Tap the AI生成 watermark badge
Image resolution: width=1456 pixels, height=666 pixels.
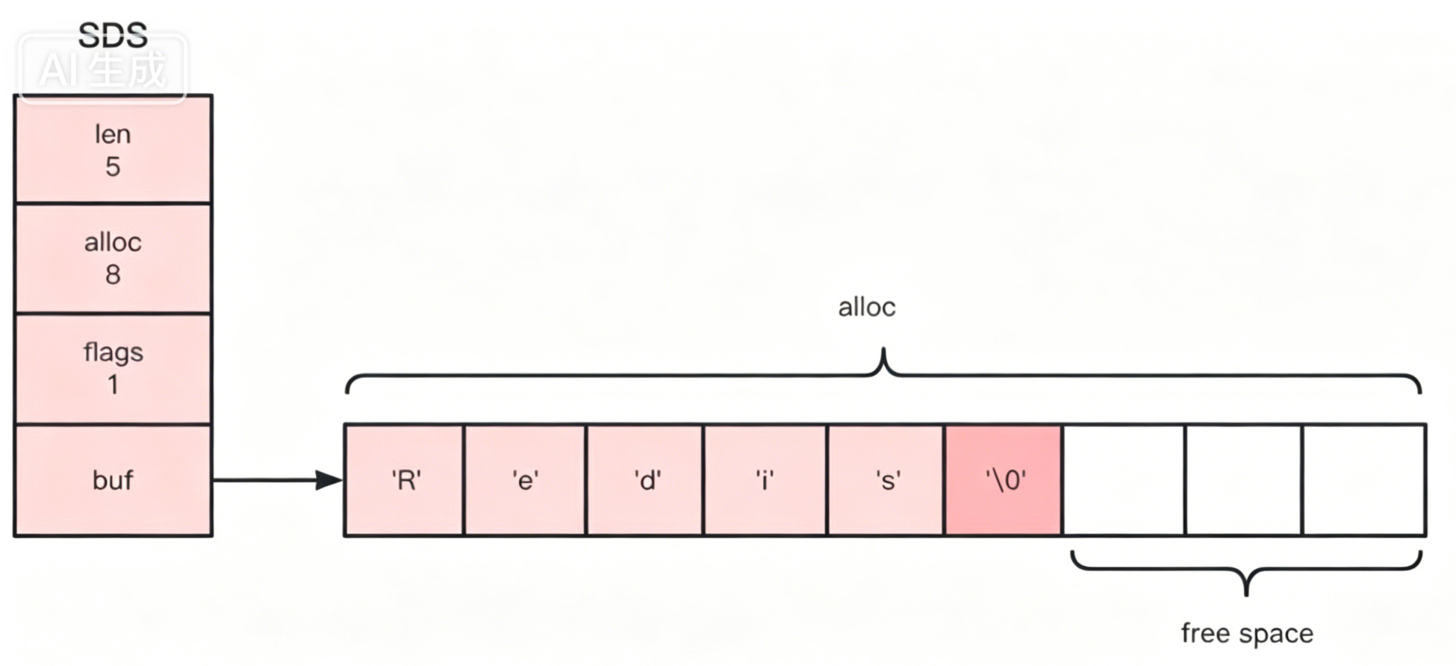point(103,69)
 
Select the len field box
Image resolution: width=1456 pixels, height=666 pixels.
point(113,149)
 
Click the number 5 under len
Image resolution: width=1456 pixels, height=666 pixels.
point(113,166)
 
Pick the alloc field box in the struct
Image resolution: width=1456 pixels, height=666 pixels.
point(113,258)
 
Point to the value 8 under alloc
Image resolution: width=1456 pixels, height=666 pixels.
point(113,275)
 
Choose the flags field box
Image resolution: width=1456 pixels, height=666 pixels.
point(113,368)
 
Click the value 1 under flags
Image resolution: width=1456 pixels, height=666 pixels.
point(113,385)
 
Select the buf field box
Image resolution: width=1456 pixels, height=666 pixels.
point(113,480)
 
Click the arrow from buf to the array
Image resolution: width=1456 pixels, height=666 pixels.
point(276,480)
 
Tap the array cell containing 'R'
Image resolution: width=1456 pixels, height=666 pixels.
point(405,480)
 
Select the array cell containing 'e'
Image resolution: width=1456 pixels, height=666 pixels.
point(525,480)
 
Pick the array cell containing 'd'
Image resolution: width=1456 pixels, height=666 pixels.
point(646,480)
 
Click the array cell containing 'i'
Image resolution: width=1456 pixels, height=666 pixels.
point(765,480)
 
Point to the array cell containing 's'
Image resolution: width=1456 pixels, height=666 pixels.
point(886,480)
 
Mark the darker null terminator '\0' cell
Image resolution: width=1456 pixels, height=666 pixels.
point(1004,480)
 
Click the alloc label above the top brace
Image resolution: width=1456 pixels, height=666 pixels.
point(866,307)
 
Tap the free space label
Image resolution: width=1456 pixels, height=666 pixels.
point(1246,633)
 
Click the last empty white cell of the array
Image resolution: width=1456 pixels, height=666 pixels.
point(1363,480)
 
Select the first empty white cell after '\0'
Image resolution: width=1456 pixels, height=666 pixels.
point(1124,480)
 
